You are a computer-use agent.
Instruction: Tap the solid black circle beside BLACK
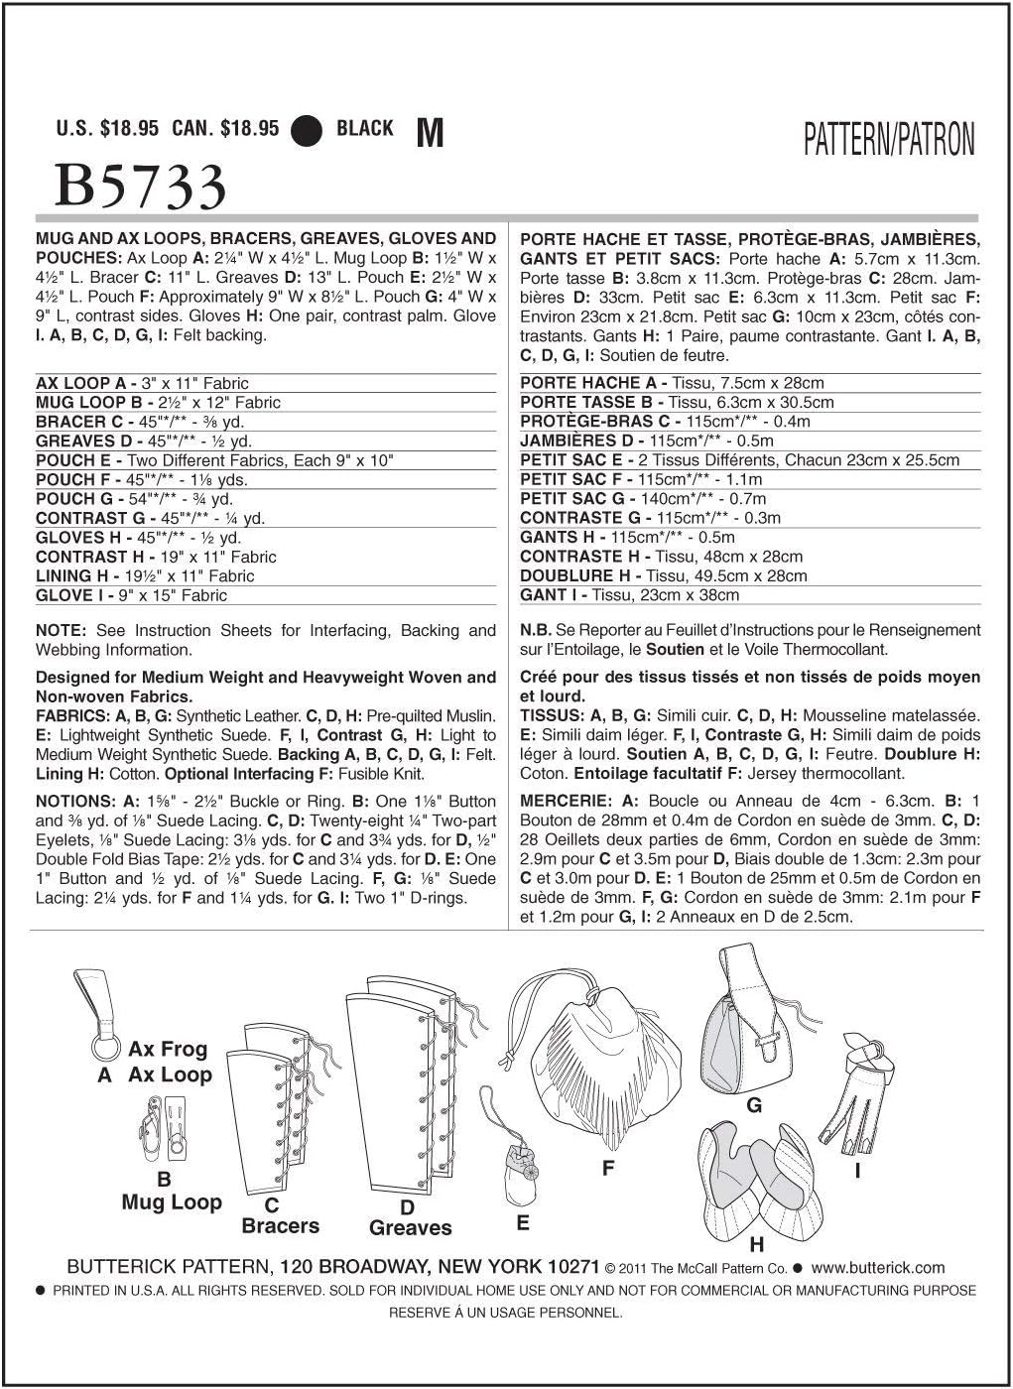coord(308,130)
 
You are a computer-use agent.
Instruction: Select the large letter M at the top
coord(429,131)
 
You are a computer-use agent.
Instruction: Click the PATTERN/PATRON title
coord(889,141)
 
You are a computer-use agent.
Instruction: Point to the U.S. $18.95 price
coord(107,129)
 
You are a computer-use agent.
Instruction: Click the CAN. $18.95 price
coord(225,129)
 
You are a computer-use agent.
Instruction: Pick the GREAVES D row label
coord(83,442)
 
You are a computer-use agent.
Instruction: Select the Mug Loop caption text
coord(172,1202)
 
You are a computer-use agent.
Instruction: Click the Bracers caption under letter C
coord(281,1226)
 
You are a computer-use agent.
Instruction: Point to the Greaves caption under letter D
coord(410,1228)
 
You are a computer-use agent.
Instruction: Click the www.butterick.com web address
coord(878,1268)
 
